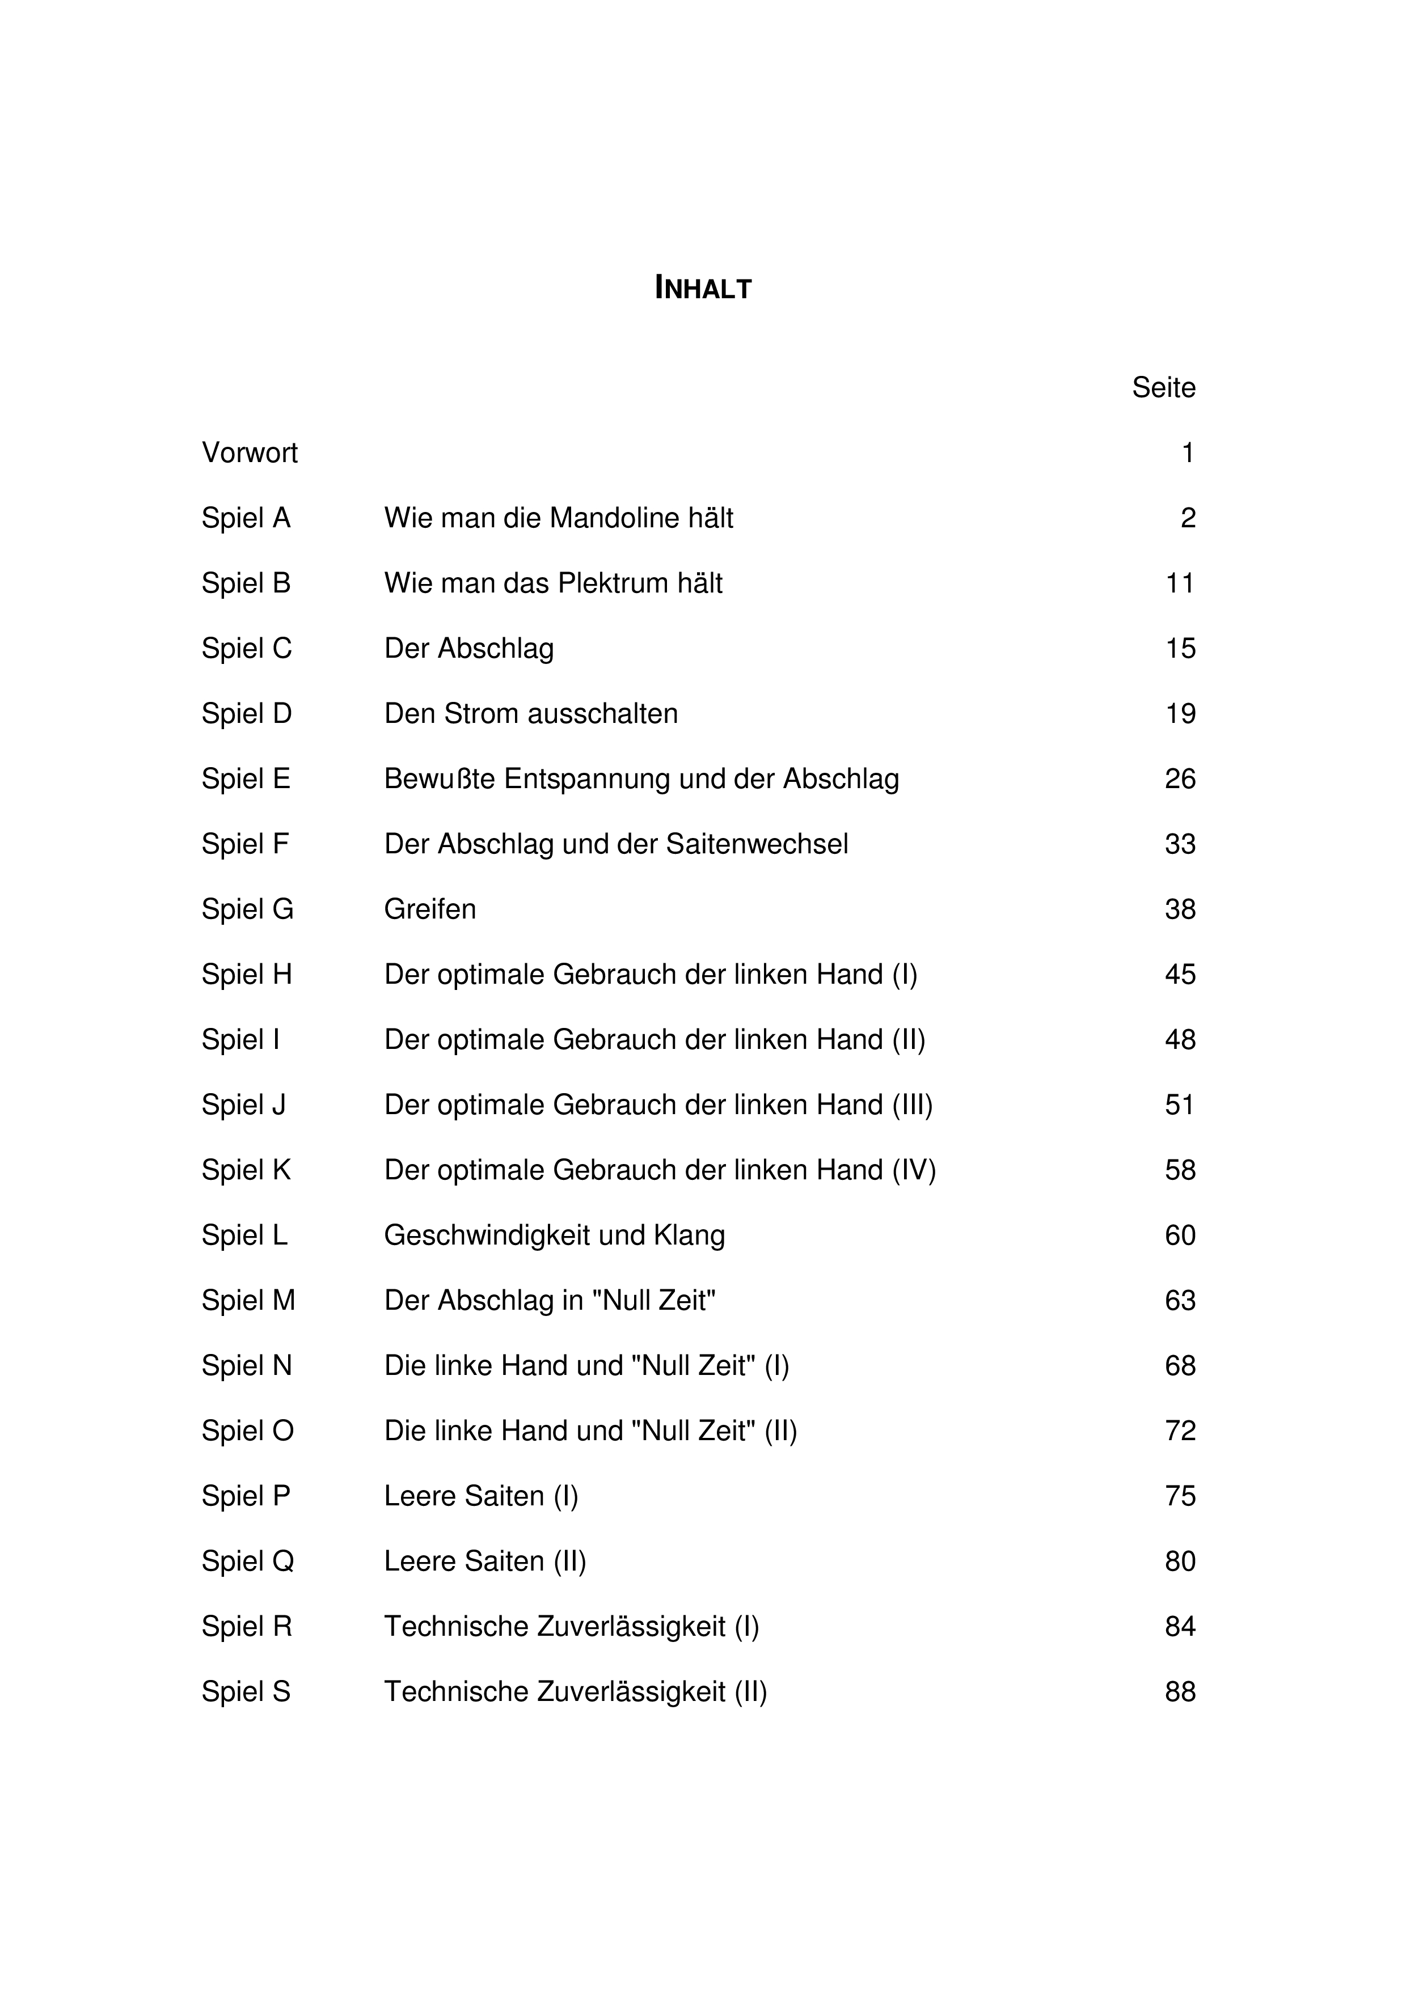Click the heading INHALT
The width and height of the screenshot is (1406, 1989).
[703, 287]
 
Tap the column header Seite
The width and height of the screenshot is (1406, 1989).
[1163, 387]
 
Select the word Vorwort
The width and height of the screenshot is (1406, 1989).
[250, 453]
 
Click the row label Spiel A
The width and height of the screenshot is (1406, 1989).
[246, 518]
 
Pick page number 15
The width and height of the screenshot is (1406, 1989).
[1180, 648]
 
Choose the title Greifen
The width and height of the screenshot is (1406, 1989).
[430, 909]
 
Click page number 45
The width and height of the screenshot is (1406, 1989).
[1180, 975]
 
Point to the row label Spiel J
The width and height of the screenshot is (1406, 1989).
[243, 1104]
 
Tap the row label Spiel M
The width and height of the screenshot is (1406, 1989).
[248, 1300]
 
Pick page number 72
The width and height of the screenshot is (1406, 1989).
[1180, 1431]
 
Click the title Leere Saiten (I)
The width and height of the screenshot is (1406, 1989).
[481, 1496]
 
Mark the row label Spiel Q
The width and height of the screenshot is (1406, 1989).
[248, 1561]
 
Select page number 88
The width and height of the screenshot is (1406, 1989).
[1180, 1691]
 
